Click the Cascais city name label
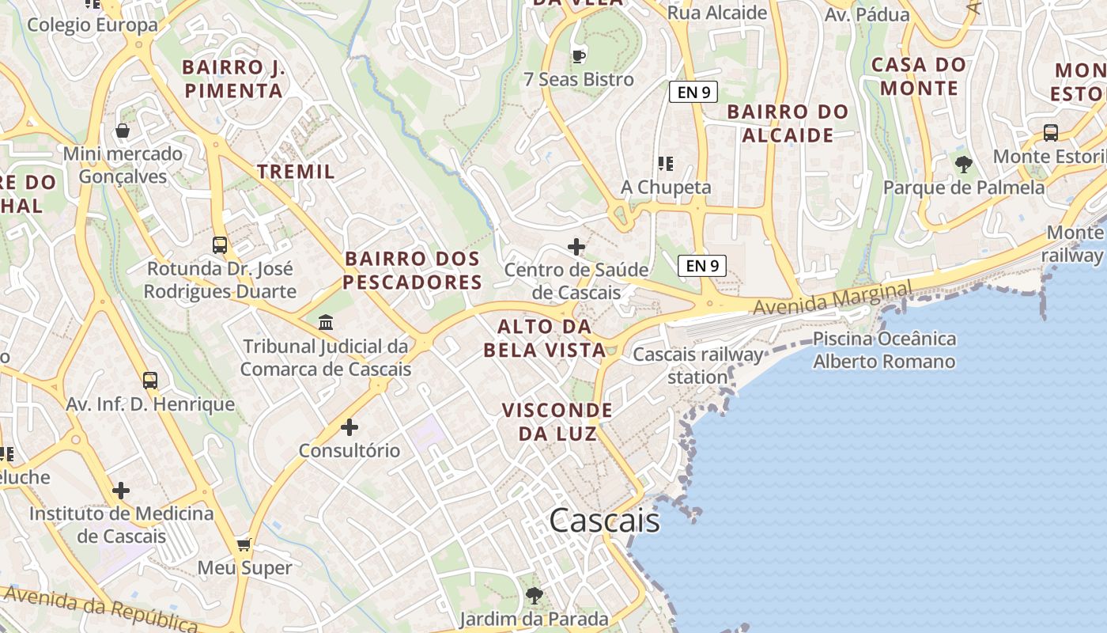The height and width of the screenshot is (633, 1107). click(604, 520)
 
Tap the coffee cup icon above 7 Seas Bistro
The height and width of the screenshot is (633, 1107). click(579, 56)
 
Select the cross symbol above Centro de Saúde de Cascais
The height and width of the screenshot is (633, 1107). click(576, 247)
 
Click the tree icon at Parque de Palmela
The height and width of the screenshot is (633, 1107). click(963, 165)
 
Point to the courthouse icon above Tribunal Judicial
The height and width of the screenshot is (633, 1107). click(325, 323)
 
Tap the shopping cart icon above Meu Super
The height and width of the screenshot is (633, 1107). click(244, 544)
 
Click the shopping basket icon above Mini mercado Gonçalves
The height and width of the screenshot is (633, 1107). click(123, 131)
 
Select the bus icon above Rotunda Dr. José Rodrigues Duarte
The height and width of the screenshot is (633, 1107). click(220, 245)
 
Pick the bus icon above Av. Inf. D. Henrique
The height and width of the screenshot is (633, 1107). click(150, 381)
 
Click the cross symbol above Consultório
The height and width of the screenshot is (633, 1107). click(349, 428)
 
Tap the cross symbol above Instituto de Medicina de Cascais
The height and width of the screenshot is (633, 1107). click(121, 491)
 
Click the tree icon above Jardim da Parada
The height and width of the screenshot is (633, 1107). click(535, 595)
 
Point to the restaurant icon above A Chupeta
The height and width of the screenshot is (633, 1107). click(666, 164)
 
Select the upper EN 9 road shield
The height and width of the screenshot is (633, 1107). click(693, 92)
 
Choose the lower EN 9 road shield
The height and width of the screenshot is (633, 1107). click(702, 266)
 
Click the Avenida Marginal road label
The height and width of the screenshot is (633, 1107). click(832, 298)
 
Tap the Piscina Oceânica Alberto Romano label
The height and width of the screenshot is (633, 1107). click(884, 351)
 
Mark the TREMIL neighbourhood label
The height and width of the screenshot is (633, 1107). click(296, 171)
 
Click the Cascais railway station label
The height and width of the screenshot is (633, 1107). click(697, 366)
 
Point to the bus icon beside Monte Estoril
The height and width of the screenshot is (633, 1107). click(1051, 133)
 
